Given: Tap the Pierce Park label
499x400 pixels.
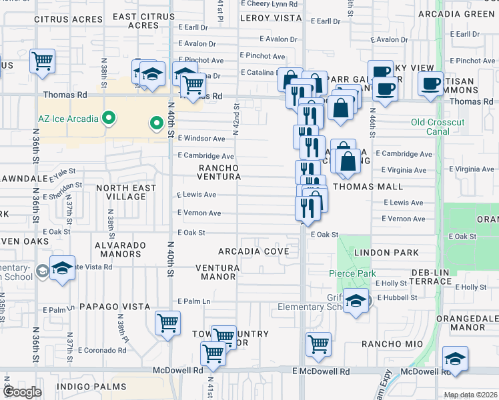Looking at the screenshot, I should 352,273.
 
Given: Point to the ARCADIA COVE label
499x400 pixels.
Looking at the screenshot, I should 254,251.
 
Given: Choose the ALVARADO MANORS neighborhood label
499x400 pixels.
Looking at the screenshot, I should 120,249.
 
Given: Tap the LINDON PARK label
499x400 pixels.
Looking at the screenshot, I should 396,253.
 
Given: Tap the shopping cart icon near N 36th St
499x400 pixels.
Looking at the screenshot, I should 43,61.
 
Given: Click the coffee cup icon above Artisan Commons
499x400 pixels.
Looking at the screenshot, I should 430,83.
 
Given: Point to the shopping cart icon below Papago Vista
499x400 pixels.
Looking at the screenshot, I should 167,323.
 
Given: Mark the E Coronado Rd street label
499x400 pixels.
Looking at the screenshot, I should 102,350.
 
